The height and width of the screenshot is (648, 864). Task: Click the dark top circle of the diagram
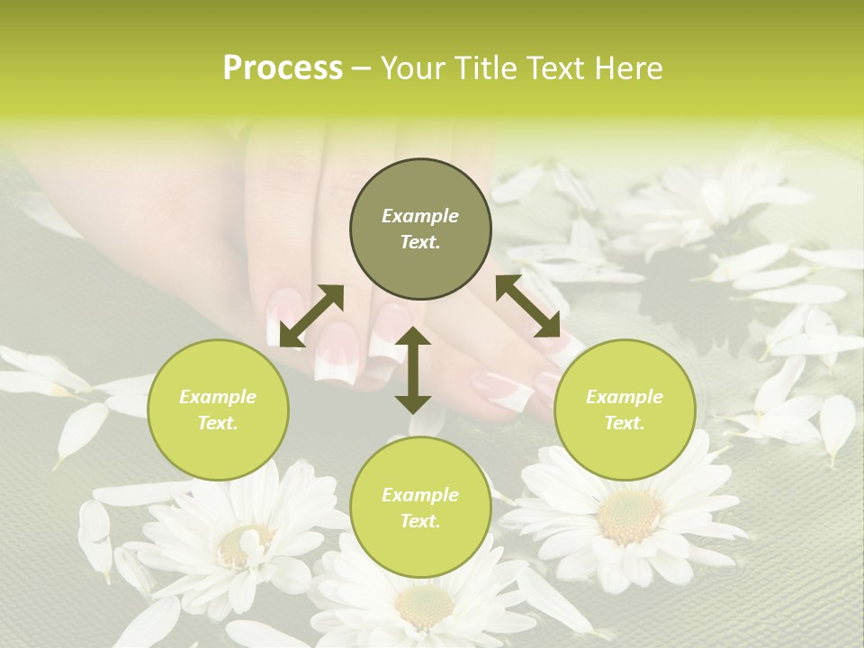(420, 229)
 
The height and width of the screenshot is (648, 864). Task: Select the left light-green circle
(218, 410)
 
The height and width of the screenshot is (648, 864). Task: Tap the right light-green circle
(625, 410)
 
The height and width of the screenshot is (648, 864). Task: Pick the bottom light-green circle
(420, 508)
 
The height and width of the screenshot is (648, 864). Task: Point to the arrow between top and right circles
(527, 307)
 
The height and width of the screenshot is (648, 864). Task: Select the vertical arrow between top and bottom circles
(413, 370)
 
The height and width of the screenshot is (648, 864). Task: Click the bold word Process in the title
(283, 68)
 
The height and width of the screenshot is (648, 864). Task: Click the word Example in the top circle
(420, 216)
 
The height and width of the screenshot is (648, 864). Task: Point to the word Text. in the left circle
(218, 423)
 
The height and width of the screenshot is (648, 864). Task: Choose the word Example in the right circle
(625, 397)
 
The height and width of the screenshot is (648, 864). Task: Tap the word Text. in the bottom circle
(420, 521)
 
